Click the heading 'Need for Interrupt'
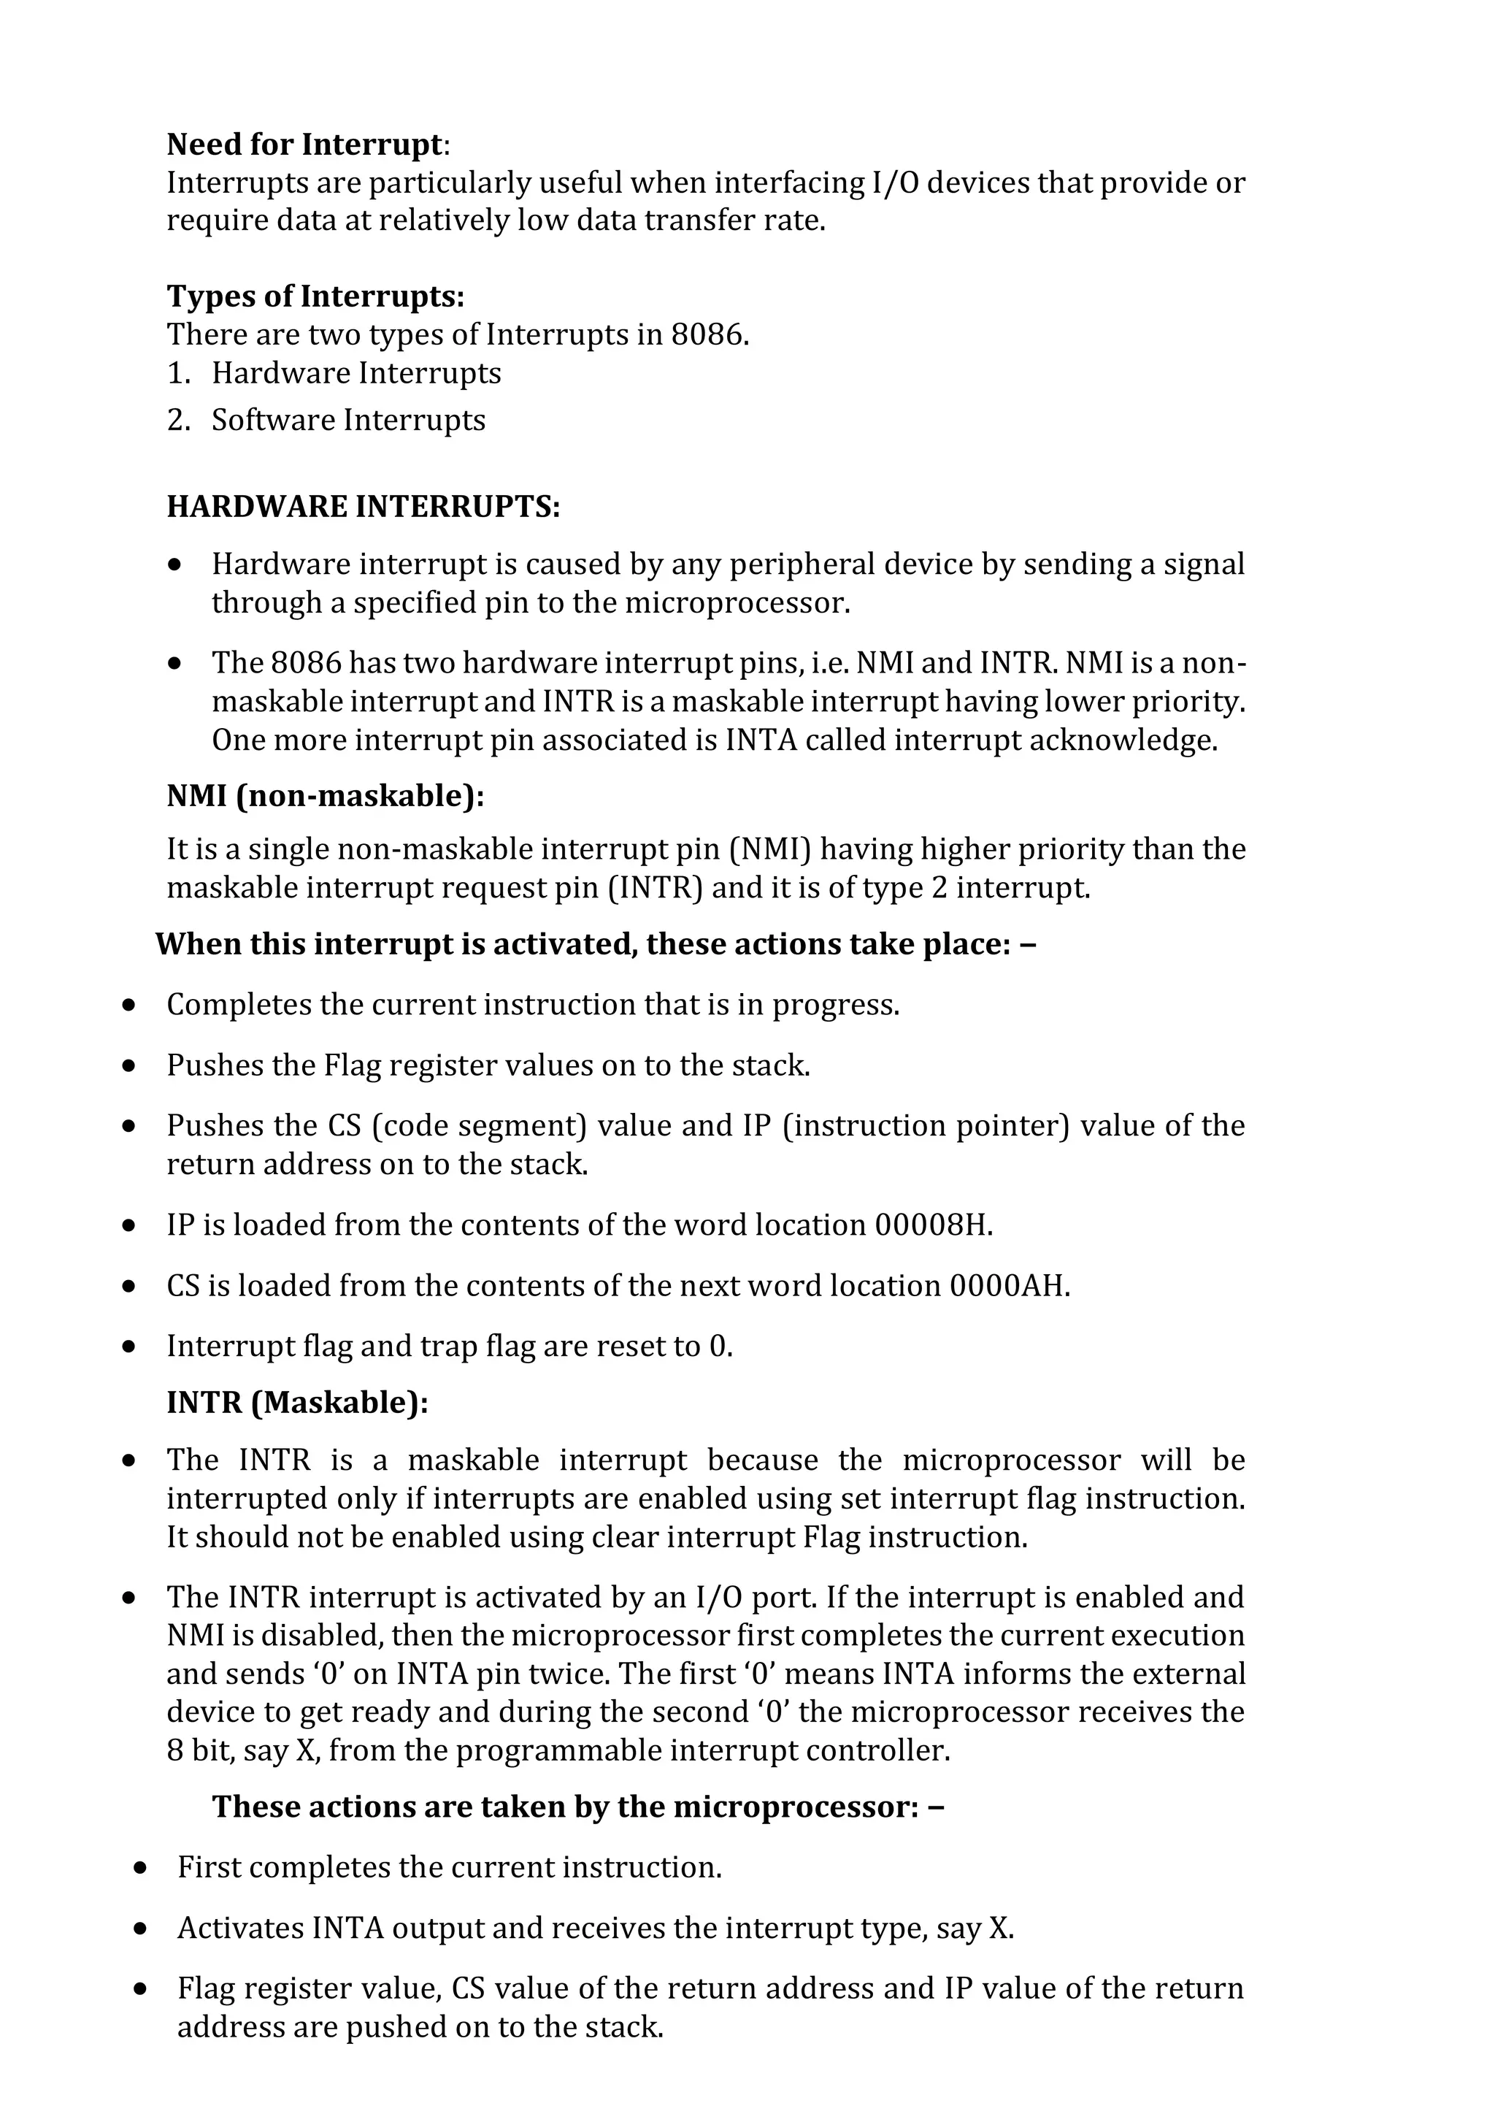tap(304, 145)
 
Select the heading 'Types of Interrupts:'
tap(315, 296)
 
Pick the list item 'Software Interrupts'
tap(348, 421)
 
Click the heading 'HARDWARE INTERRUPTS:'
tap(363, 506)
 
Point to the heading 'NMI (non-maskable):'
tap(325, 795)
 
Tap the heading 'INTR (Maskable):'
tap(297, 1403)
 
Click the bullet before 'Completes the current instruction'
tap(129, 1005)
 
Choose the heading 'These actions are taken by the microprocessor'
tap(577, 1807)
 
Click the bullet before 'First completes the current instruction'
tap(140, 1868)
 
